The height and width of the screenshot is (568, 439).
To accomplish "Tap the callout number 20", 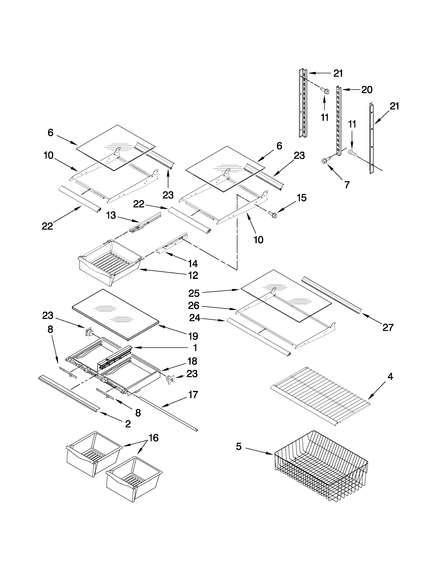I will click(x=367, y=90).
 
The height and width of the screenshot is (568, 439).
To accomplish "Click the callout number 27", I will click(x=388, y=327).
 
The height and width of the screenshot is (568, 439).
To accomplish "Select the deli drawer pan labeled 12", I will click(x=111, y=263).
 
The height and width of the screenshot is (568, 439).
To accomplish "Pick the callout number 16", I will click(x=153, y=438).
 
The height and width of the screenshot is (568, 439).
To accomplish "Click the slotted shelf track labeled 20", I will click(x=339, y=121).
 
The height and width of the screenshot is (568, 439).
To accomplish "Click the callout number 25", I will click(x=194, y=293).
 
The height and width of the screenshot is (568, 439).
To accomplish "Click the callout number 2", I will click(x=128, y=424).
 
